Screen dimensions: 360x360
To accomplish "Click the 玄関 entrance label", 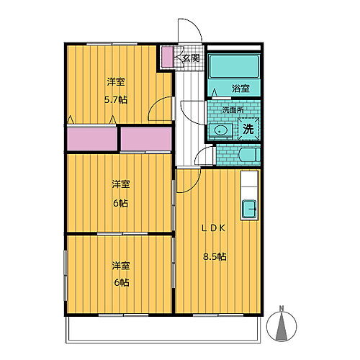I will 190,58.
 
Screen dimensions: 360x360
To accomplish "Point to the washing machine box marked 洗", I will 247,130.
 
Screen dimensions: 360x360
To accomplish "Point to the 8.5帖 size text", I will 215,256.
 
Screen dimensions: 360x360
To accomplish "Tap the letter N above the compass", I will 282,310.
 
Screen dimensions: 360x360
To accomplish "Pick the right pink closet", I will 146,138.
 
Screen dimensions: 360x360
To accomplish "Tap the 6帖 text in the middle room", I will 120,204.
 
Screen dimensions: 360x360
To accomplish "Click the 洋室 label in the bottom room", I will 120,266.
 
